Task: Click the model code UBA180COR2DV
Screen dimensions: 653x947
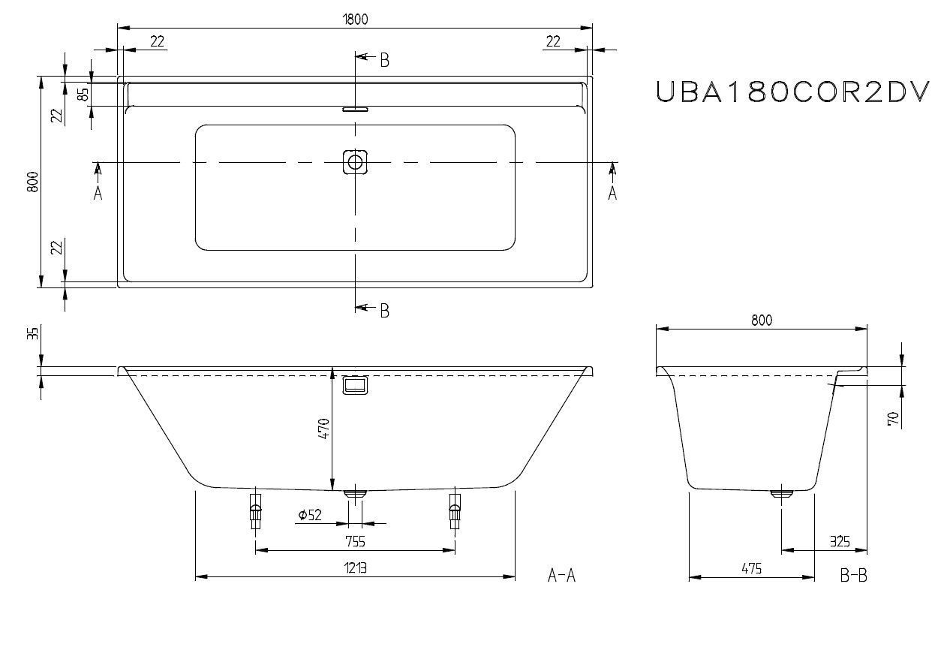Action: (x=792, y=92)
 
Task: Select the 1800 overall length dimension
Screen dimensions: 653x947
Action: (x=356, y=19)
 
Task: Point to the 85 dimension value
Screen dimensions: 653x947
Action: (x=83, y=94)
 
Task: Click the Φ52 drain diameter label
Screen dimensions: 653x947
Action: (x=309, y=515)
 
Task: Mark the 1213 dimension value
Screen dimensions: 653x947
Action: (x=355, y=568)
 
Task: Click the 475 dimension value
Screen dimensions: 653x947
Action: (x=751, y=568)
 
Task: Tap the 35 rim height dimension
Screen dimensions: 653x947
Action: (x=32, y=333)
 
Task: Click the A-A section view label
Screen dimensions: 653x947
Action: (x=561, y=576)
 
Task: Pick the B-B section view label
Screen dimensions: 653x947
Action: (x=853, y=576)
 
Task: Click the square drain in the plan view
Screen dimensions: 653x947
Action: (x=356, y=161)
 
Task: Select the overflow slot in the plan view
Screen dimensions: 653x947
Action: (x=356, y=109)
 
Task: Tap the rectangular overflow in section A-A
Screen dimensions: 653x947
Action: (x=356, y=385)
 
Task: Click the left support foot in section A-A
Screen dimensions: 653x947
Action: (x=256, y=510)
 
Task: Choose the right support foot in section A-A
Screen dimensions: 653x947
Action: (x=454, y=510)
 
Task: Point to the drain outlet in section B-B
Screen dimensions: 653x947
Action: (x=781, y=493)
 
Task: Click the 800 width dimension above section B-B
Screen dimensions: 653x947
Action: (x=761, y=320)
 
